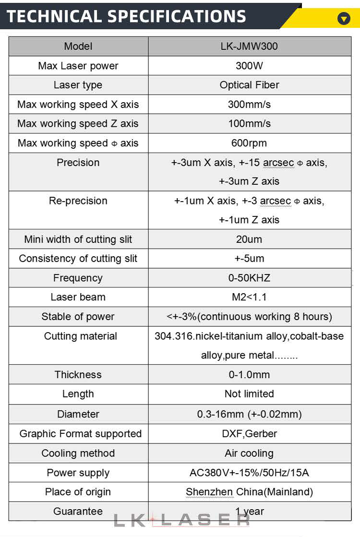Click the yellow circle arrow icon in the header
pyautogui.click(x=344, y=19)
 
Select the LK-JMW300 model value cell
pyautogui.click(x=249, y=47)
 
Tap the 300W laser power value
pyautogui.click(x=249, y=66)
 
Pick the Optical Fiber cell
pyautogui.click(x=249, y=85)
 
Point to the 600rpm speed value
pyautogui.click(x=249, y=143)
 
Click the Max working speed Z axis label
pyautogui.click(x=78, y=123)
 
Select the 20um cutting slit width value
pyautogui.click(x=249, y=239)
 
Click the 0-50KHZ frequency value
pyautogui.click(x=249, y=278)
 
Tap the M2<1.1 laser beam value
pyautogui.click(x=249, y=297)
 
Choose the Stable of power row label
pyautogui.click(x=78, y=317)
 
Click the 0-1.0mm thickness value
pyautogui.click(x=249, y=374)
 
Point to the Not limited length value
pyautogui.click(x=249, y=394)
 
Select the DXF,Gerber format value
pyautogui.click(x=249, y=434)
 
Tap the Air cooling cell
pyautogui.click(x=249, y=453)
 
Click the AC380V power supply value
pyautogui.click(x=249, y=473)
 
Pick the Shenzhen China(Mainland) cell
pyautogui.click(x=249, y=492)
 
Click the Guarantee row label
pyautogui.click(x=78, y=511)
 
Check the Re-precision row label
pyautogui.click(x=78, y=201)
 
